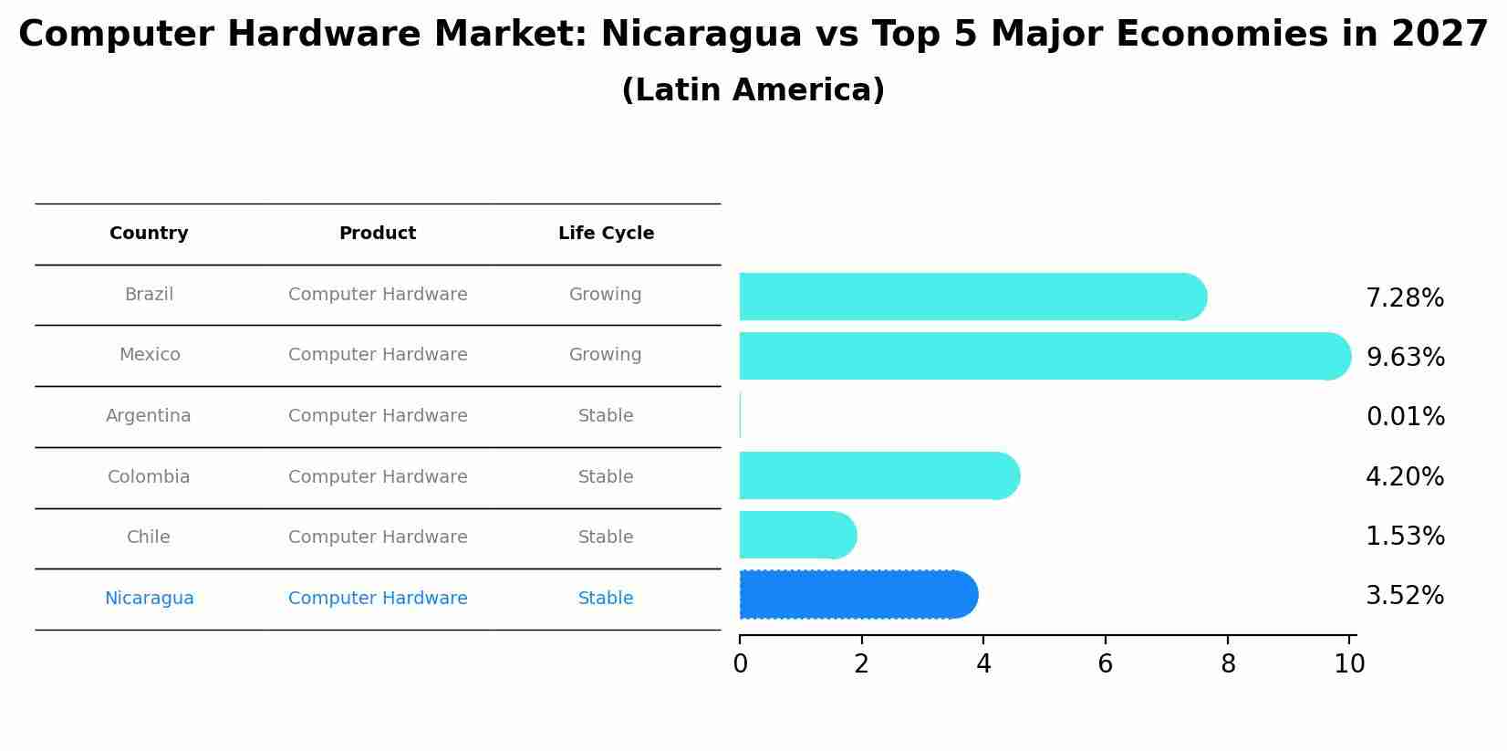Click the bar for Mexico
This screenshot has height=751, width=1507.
(1040, 356)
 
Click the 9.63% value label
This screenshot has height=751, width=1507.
(1405, 358)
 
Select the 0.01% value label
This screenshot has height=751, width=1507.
(1405, 417)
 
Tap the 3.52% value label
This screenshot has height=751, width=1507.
(1405, 596)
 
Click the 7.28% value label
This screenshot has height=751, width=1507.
(1405, 298)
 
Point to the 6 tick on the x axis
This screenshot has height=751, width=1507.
(1105, 664)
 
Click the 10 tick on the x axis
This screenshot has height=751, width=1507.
(1349, 664)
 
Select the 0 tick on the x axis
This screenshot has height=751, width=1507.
(740, 664)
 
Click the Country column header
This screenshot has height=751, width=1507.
(149, 234)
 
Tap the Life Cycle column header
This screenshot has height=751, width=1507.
(606, 234)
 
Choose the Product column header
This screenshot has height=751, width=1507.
(378, 234)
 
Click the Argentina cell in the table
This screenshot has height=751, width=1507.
(149, 416)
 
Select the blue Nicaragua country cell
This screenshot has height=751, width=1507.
(149, 599)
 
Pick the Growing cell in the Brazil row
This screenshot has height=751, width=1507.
(606, 295)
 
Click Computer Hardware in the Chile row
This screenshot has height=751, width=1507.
(378, 537)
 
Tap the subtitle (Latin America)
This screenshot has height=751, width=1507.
(753, 90)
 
